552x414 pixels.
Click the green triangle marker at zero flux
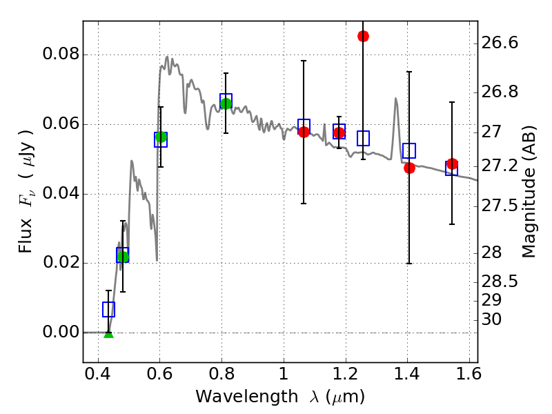coord(108,333)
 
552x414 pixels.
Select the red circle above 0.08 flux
coord(363,36)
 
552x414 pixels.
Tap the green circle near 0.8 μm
coord(226,103)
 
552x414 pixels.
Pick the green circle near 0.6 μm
coord(161,137)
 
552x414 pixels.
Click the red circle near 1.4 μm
coord(409,168)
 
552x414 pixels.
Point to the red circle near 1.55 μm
coord(452,164)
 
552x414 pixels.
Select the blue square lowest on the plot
coord(108,309)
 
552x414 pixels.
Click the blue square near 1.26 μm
coord(363,138)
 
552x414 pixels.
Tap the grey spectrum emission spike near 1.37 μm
coord(395,99)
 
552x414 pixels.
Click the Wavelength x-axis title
coord(279,397)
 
